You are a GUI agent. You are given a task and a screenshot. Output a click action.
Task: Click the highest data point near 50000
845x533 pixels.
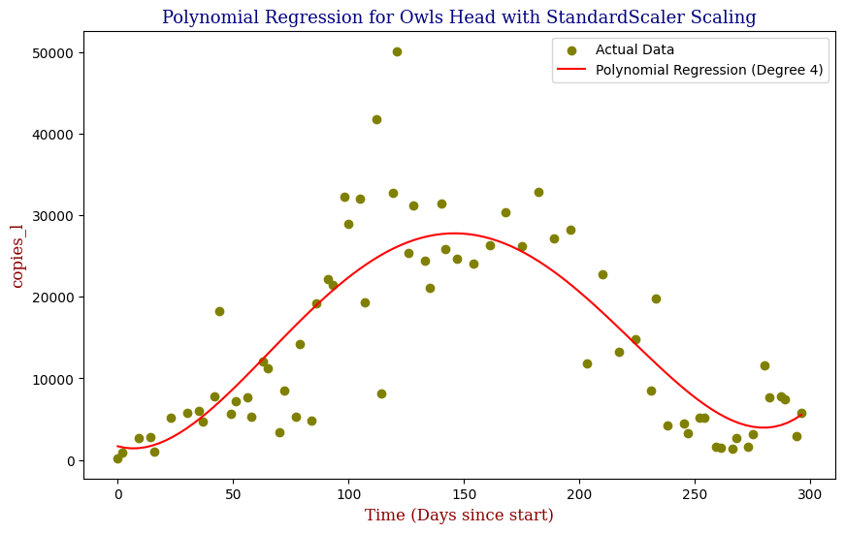[x=397, y=51]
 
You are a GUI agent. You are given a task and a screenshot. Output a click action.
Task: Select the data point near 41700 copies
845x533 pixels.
[x=376, y=119]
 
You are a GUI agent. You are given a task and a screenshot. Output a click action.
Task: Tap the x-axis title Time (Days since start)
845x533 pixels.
[x=459, y=515]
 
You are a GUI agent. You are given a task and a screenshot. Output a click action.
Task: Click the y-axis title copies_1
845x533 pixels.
[x=17, y=255]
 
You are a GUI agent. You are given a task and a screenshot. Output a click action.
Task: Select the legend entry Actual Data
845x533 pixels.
[x=634, y=49]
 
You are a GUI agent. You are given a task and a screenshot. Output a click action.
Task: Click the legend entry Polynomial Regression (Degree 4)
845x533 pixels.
[x=711, y=70]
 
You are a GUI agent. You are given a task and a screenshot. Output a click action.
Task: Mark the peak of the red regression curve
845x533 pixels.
[x=454, y=233]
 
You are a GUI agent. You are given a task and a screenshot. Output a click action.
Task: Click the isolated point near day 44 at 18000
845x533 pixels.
[x=219, y=311]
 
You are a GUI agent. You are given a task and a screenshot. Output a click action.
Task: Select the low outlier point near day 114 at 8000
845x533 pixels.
[x=381, y=393]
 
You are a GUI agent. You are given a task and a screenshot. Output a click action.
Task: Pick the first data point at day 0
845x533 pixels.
[x=117, y=458]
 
